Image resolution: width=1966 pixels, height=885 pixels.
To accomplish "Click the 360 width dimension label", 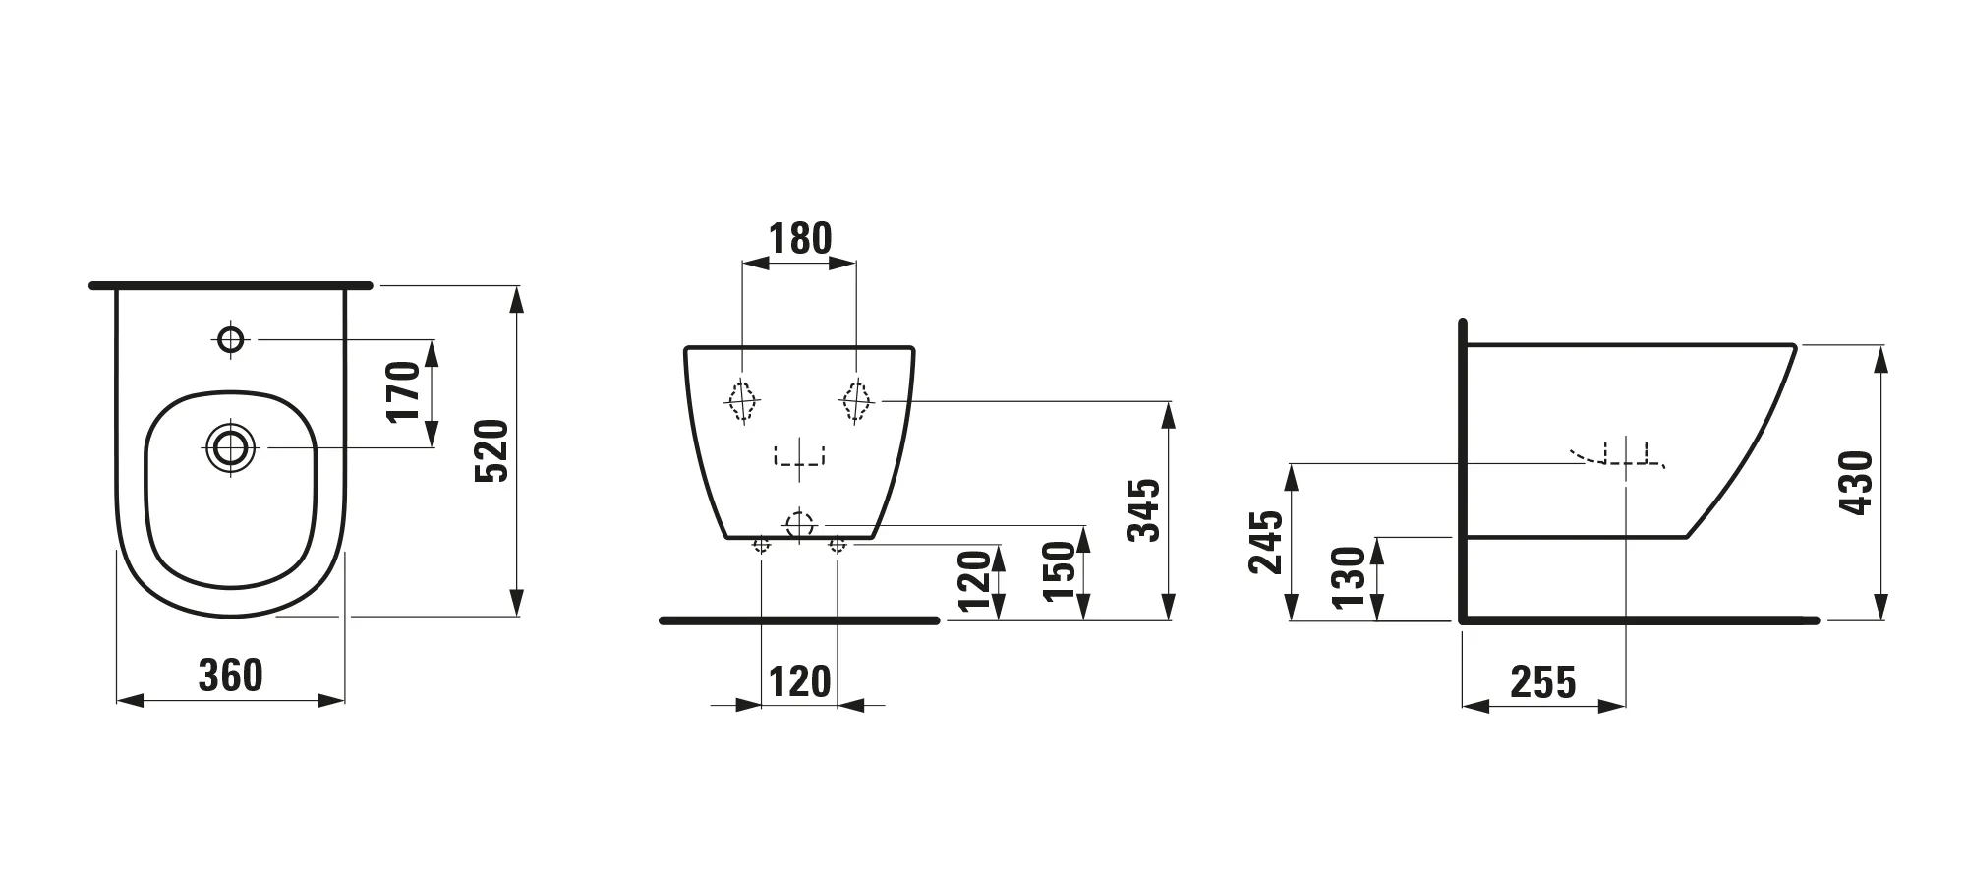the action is [231, 676].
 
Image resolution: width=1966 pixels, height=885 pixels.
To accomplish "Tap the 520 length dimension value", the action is [491, 450].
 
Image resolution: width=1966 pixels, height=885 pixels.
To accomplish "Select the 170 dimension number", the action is [404, 391].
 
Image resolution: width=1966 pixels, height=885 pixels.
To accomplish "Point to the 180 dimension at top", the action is [800, 238].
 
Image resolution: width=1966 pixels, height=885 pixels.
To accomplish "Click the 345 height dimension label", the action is [1144, 510].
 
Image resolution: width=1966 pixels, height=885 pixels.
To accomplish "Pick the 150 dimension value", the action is [1060, 572].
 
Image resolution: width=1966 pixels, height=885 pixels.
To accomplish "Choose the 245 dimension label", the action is [1266, 542].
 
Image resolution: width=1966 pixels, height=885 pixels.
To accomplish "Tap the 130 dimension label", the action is [1350, 578].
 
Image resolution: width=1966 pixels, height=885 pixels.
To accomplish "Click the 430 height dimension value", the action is [1857, 483].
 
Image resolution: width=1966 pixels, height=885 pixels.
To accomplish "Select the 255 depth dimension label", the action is [1543, 682].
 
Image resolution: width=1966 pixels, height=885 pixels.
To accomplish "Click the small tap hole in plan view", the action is [231, 339].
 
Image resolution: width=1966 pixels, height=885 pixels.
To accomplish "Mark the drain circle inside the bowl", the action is [230, 448].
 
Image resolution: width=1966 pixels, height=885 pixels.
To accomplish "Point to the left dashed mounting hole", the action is [743, 400].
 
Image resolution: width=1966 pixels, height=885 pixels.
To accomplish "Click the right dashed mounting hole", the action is [856, 400].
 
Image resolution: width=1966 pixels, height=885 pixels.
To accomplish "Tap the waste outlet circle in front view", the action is [800, 524].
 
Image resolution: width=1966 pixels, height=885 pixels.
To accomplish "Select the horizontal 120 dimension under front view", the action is [799, 681].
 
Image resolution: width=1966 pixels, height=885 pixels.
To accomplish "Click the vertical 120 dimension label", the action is [975, 581].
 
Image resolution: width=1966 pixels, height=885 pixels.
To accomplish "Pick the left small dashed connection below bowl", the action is [762, 544].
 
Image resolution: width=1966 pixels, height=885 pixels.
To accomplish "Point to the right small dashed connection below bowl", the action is [837, 544].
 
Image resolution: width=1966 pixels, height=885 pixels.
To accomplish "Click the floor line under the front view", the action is [799, 620].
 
